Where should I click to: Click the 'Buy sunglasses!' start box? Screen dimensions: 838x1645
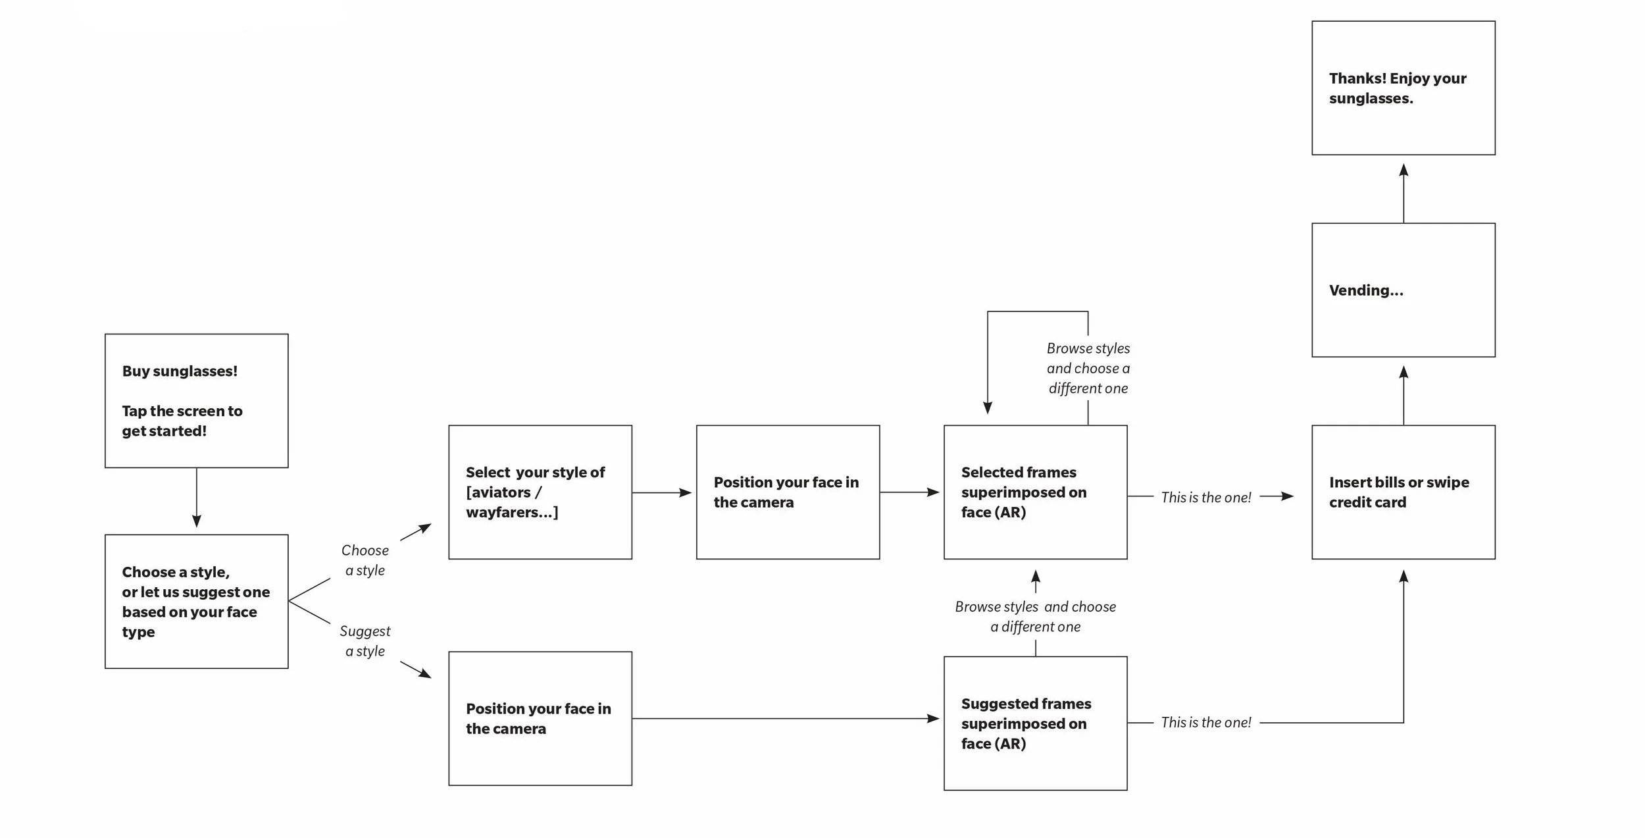point(196,401)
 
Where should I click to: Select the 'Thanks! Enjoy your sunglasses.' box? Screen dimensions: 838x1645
point(1403,88)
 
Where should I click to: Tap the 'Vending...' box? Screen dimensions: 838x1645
point(1403,290)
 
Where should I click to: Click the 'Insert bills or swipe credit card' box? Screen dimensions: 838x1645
point(1403,492)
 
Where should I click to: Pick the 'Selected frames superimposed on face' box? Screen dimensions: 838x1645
point(1035,492)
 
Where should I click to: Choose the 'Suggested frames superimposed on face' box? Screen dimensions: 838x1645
point(1035,723)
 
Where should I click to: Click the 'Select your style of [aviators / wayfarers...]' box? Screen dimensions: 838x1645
point(540,492)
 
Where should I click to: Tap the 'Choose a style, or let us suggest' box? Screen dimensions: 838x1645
point(196,602)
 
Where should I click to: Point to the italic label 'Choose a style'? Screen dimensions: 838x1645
point(365,560)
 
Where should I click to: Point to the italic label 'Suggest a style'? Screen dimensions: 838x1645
point(365,641)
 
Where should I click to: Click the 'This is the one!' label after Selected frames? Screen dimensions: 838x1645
point(1205,498)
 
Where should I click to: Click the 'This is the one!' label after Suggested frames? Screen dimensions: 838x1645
point(1205,723)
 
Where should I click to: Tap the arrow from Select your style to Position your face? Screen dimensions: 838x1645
point(662,492)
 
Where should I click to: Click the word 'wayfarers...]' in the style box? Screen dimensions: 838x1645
point(512,513)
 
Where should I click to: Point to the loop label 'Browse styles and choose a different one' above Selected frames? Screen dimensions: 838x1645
point(1088,369)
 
